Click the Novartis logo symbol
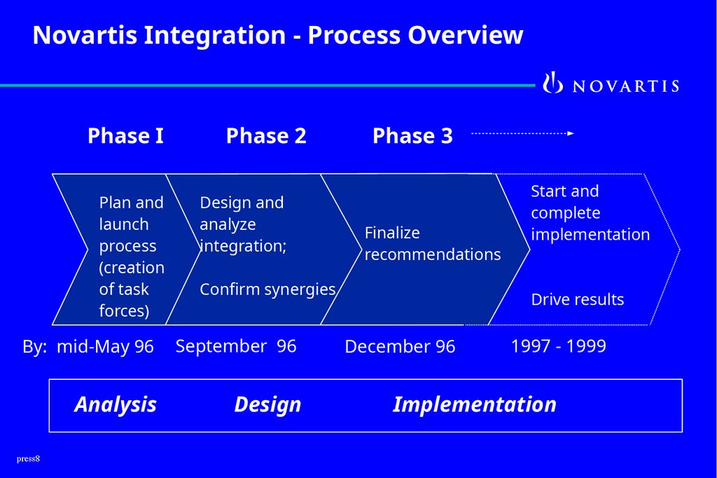[553, 83]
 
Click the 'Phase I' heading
[125, 135]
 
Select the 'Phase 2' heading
[266, 135]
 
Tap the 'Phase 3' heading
[412, 135]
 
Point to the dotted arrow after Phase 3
[522, 133]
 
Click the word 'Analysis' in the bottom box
[116, 404]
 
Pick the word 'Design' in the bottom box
[267, 404]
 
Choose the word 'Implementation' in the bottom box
[475, 404]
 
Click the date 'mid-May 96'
[105, 347]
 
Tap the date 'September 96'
[236, 346]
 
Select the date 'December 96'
[400, 347]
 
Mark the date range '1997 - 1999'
[559, 346]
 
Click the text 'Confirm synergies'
[267, 289]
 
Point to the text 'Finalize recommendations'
[433, 243]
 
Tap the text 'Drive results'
[578, 300]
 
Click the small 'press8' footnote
[29, 459]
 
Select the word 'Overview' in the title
[466, 35]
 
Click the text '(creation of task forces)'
[132, 289]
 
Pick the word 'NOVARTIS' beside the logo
[626, 86]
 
